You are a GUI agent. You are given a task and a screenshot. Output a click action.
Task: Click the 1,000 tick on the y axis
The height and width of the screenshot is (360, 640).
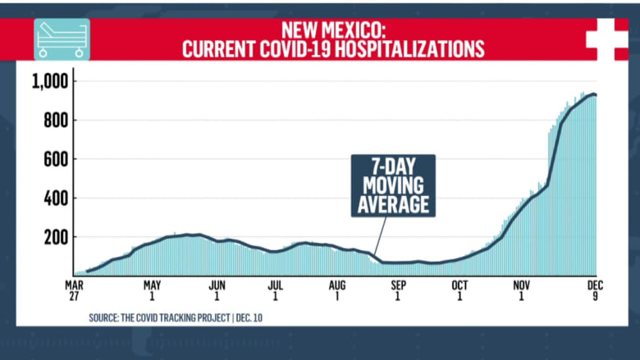48,81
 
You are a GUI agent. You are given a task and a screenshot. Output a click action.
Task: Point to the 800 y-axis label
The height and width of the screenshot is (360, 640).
54,121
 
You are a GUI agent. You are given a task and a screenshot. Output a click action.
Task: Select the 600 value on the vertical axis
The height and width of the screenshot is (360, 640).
54,159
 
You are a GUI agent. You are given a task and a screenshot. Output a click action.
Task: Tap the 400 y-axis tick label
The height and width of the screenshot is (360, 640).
54,198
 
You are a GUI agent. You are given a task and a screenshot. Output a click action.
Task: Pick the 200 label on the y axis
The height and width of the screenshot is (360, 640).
54,237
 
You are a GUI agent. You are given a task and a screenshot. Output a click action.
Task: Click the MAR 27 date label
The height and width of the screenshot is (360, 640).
75,290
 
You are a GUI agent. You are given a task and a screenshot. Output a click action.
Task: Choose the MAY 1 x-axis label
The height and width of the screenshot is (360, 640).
152,290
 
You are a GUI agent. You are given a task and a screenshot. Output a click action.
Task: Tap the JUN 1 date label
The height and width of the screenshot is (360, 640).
217,290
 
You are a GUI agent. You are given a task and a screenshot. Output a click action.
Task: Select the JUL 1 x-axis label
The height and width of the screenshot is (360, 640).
277,290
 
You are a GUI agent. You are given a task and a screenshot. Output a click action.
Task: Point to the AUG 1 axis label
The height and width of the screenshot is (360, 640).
337,290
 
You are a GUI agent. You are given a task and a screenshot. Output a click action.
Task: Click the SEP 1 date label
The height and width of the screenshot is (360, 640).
399,290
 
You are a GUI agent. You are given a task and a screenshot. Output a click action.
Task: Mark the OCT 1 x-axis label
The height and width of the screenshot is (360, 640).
459,290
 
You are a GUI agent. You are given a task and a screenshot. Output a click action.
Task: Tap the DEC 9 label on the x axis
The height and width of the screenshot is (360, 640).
596,290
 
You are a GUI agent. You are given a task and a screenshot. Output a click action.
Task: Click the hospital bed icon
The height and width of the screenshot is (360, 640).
62,39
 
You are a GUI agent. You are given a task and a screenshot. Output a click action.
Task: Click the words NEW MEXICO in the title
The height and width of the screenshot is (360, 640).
333,29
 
